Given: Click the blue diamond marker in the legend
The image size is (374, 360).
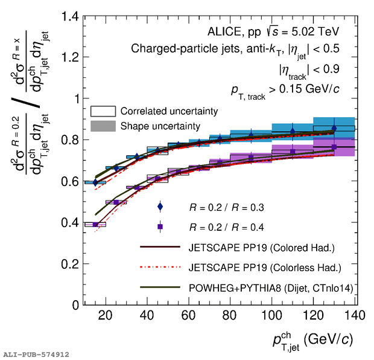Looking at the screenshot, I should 160,207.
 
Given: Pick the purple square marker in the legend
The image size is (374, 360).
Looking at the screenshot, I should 160,227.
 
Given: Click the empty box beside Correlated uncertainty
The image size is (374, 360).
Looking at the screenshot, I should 103,112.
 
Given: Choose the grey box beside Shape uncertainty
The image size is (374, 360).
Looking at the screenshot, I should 103,126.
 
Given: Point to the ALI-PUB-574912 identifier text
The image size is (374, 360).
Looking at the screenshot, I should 36,354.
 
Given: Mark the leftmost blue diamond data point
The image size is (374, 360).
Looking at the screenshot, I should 95,182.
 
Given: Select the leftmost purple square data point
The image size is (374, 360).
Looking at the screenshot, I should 95,225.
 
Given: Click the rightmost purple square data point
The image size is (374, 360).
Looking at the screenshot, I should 334,147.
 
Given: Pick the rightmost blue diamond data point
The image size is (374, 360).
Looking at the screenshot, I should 334,128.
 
